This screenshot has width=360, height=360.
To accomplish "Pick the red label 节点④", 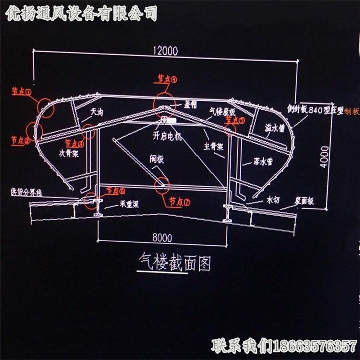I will point(167,79).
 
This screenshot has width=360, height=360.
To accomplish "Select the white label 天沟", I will point(97,112).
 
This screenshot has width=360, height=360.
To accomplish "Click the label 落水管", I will point(255,162).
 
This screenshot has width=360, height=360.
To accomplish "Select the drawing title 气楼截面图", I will point(173,263).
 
